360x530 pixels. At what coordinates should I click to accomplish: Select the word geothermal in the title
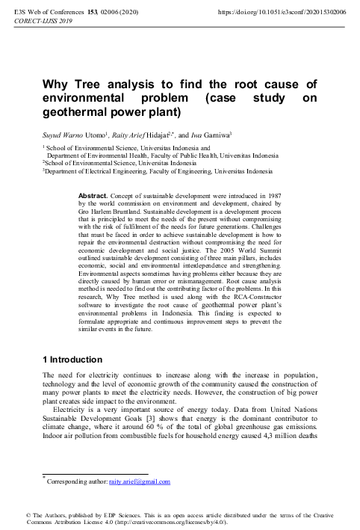point(77,114)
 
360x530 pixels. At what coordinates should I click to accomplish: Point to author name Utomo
point(96,135)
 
